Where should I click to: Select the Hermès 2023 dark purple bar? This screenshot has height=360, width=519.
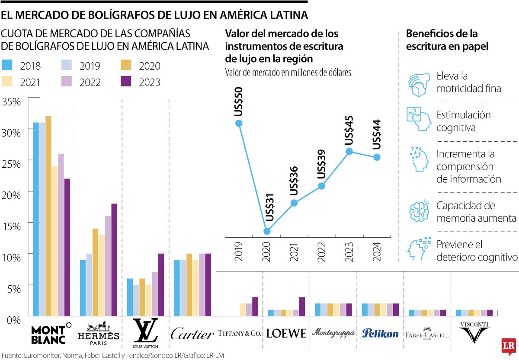114,260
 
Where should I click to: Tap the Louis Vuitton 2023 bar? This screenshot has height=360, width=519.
161,285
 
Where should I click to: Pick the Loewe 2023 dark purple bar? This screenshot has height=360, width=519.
302,307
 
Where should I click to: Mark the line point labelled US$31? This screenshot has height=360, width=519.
267,231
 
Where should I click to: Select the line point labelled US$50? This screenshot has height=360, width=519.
238,123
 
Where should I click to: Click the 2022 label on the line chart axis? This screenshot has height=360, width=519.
322,251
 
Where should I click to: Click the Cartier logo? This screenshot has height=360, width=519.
192,334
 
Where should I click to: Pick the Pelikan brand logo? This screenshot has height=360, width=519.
380,333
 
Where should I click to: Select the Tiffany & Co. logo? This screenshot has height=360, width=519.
239,333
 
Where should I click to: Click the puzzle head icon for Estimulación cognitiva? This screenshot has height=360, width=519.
418,120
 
